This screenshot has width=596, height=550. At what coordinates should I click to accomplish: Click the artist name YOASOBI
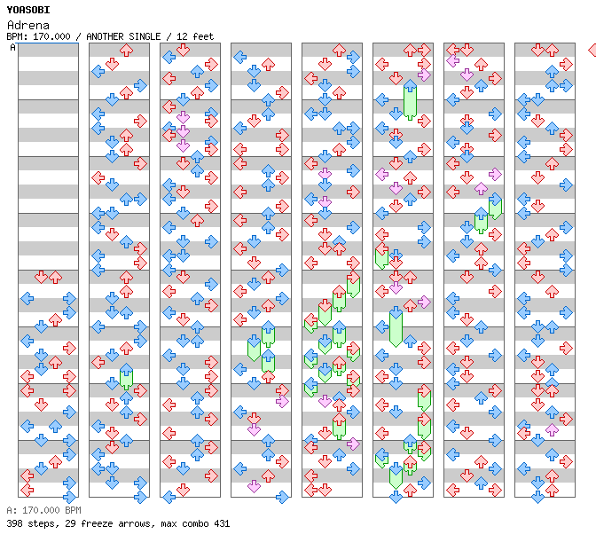28,10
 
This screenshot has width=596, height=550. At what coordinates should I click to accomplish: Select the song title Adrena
28,25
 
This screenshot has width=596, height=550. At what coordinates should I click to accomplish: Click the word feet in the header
203,36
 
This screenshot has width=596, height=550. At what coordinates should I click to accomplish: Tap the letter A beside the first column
12,47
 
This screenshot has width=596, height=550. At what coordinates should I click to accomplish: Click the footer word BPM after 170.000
73,510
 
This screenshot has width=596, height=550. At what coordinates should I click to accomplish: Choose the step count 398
14,523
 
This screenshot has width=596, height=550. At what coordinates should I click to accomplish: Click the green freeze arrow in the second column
126,376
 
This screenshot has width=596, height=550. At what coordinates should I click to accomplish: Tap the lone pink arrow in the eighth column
552,430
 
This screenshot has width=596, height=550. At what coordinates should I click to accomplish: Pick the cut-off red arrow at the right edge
592,50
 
